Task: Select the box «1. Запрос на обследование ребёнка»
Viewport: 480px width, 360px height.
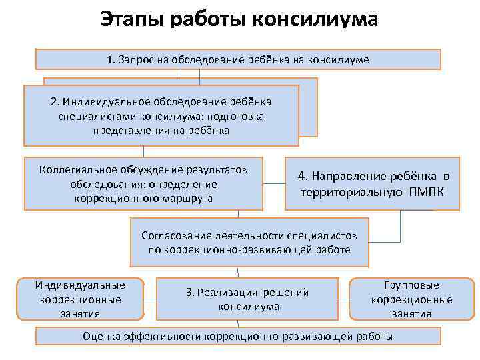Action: point(238,59)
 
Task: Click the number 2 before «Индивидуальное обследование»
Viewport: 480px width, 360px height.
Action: point(54,102)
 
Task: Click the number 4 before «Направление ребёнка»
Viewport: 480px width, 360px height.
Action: point(302,176)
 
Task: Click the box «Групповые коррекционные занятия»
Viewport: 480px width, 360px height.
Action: point(411,299)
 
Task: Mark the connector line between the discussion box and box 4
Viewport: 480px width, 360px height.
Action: point(274,183)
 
